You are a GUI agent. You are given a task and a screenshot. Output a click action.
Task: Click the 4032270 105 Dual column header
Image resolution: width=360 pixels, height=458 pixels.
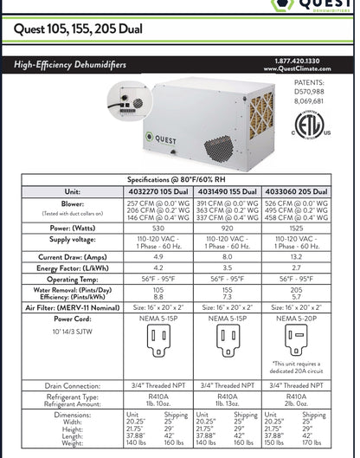(164, 191)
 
